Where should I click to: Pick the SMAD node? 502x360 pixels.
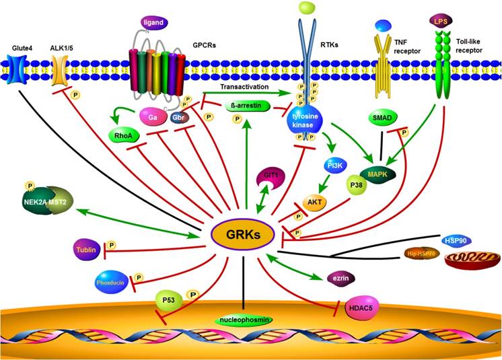(x=384, y=118)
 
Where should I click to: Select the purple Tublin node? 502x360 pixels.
(x=89, y=250)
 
